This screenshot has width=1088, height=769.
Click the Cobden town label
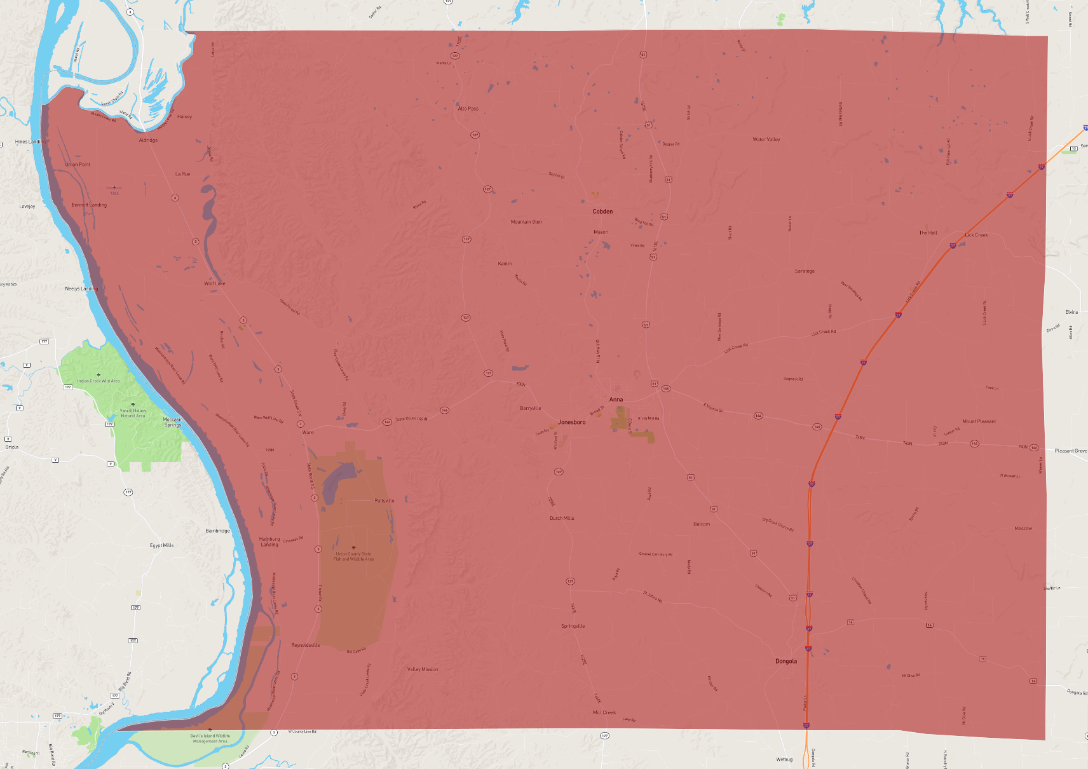[602, 212]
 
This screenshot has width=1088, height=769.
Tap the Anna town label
[616, 400]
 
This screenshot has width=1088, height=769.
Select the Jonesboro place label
[571, 422]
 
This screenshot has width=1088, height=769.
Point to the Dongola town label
[785, 661]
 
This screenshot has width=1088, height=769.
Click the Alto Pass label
[468, 109]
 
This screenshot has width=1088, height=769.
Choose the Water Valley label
[766, 139]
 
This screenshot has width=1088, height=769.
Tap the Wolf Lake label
[214, 283]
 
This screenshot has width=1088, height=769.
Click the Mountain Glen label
[526, 222]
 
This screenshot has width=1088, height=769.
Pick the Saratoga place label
[804, 271]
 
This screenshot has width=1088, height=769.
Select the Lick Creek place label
[976, 235]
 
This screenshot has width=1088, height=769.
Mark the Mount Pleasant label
[979, 421]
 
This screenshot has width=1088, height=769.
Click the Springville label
[573, 626]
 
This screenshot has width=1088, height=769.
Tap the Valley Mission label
[422, 669]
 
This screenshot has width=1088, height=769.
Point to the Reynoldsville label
[305, 645]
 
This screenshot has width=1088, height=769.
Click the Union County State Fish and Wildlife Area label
[353, 556]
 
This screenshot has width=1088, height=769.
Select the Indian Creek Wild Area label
[98, 381]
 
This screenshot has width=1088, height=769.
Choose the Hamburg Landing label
[269, 541]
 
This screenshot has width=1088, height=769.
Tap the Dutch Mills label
[562, 518]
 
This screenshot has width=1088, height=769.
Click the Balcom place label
[702, 524]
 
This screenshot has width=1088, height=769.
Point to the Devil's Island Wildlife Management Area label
[210, 738]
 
